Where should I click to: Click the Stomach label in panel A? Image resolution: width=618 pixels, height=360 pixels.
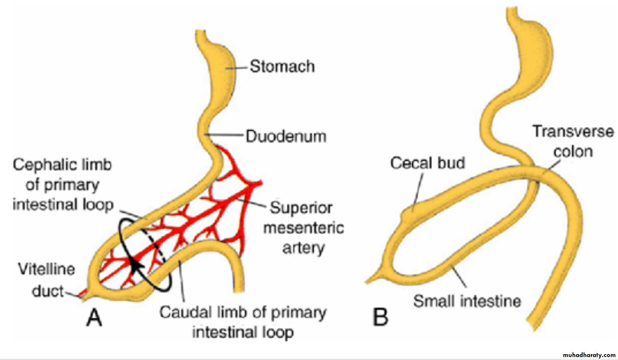tap(282, 67)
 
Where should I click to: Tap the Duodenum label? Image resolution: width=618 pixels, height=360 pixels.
tap(286, 136)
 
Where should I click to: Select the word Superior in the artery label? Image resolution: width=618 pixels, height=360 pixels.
tap(301, 208)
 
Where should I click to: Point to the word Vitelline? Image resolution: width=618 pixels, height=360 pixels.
tap(47, 269)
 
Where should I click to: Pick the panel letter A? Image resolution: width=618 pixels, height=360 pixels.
tap(94, 317)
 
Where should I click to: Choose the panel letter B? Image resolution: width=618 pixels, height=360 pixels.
tap(380, 317)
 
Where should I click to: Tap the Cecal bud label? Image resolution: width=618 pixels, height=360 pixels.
tap(427, 163)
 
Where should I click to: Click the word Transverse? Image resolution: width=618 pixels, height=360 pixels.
tap(573, 131)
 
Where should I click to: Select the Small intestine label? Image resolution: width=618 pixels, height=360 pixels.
tap(467, 301)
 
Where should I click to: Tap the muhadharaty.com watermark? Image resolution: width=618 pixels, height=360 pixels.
tap(589, 355)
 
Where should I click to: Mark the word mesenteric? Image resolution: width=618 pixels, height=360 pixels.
tap(303, 228)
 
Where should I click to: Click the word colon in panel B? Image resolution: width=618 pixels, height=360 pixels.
tap(573, 151)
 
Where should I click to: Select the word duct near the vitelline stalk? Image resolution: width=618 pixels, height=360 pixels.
tap(48, 291)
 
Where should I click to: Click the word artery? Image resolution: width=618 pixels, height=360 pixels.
tap(303, 248)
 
